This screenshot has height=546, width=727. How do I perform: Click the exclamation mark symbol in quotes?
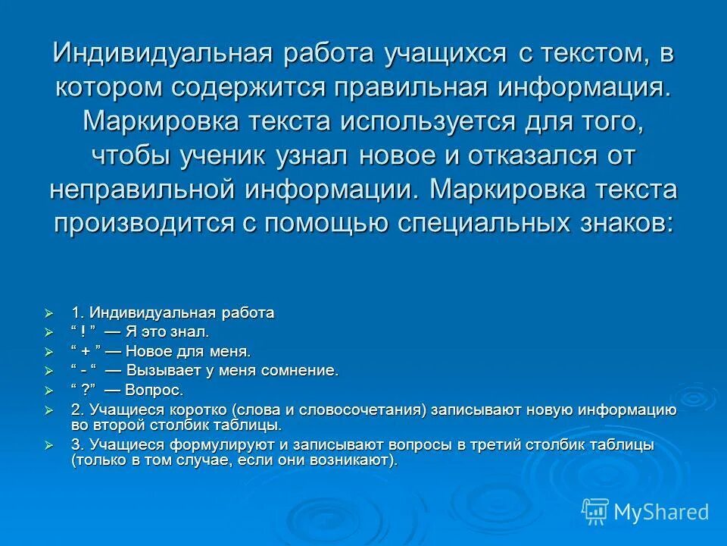tap(83, 332)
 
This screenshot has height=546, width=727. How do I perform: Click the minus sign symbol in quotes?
tap(83, 371)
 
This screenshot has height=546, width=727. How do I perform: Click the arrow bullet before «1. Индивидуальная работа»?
tap(49, 313)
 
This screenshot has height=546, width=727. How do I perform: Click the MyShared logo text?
tap(661, 512)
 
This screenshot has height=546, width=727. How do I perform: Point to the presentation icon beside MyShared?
tap(595, 512)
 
